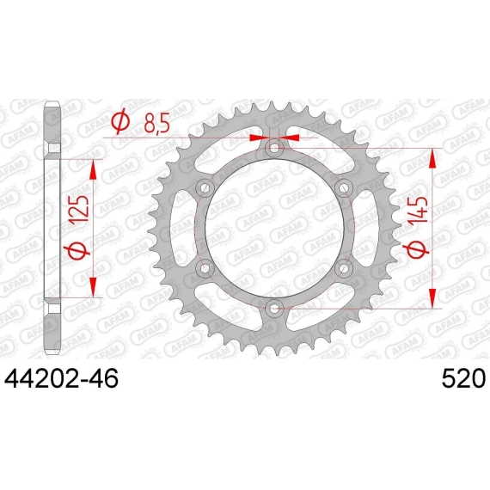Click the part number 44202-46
point(61,378)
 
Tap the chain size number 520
point(463,378)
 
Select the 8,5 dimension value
point(156,122)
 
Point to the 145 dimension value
point(418,210)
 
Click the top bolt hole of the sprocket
point(274,148)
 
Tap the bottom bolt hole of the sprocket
point(274,309)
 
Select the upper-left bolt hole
point(205,188)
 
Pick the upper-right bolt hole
point(344,188)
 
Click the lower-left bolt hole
point(205,268)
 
